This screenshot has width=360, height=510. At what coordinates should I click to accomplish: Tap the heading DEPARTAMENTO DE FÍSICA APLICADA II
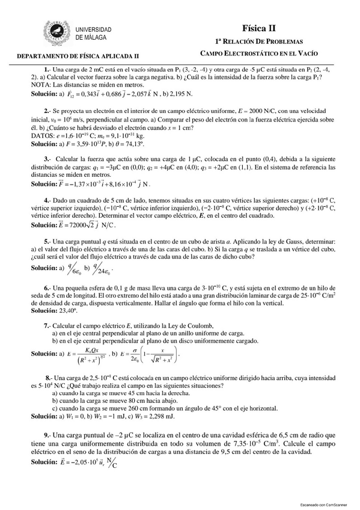[x=78, y=55]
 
